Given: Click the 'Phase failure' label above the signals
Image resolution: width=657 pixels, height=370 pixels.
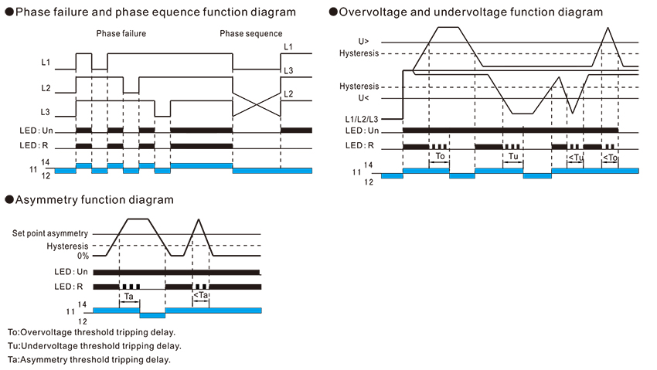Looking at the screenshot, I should (x=121, y=34).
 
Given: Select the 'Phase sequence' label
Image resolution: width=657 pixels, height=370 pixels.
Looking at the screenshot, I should (x=250, y=34).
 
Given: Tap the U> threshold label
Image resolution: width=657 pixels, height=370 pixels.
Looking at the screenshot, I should (x=363, y=42).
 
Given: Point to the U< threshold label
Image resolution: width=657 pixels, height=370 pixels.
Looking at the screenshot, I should (x=363, y=98).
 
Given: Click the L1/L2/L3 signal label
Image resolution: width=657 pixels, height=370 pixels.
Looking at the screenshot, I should (x=362, y=119).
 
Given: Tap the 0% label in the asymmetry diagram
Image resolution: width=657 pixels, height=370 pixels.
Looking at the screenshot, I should (x=82, y=256).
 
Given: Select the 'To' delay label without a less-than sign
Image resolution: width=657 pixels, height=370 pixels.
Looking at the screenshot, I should (x=440, y=156).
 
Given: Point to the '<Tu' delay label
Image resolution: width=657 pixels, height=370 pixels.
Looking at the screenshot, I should (x=575, y=157).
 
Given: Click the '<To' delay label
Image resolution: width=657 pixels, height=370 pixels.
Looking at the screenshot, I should (x=609, y=157).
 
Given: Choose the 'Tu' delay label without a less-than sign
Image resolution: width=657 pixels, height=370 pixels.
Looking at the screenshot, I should (x=512, y=156).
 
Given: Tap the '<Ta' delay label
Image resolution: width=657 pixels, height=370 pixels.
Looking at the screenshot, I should (x=201, y=295).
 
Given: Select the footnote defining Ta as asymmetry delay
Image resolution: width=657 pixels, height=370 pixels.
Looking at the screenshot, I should (x=88, y=359).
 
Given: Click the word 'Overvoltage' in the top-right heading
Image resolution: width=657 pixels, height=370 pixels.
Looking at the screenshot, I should (x=373, y=12).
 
